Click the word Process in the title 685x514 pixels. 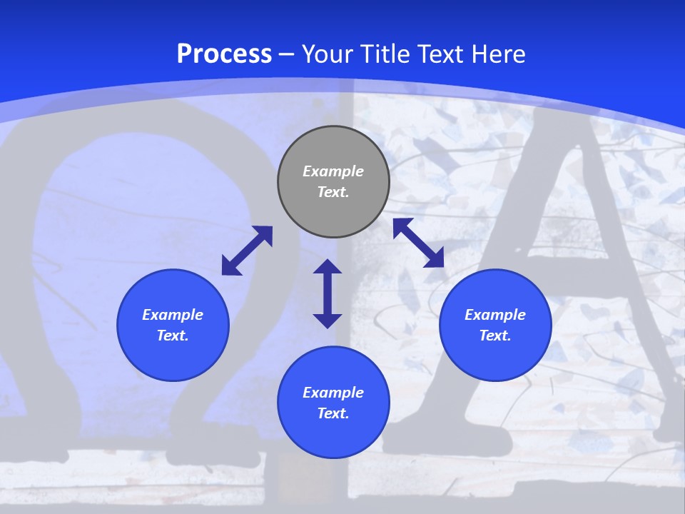pyautogui.click(x=224, y=54)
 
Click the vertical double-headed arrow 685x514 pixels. pyautogui.click(x=328, y=293)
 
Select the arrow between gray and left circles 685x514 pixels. pyautogui.click(x=247, y=251)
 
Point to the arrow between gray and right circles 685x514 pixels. pyautogui.click(x=419, y=243)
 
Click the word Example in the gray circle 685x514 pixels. pyautogui.click(x=333, y=171)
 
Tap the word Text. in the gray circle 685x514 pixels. pyautogui.click(x=333, y=192)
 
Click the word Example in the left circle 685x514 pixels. pyautogui.click(x=173, y=315)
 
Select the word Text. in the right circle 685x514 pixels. pyautogui.click(x=495, y=336)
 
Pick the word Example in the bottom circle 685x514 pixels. pyautogui.click(x=333, y=393)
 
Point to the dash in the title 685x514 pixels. pyautogui.click(x=287, y=54)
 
